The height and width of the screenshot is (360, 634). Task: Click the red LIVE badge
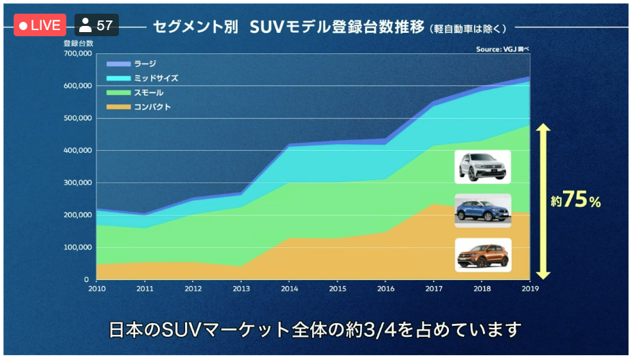click(40, 25)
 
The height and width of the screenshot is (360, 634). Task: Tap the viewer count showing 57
click(96, 25)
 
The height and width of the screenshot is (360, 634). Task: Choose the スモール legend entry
click(148, 92)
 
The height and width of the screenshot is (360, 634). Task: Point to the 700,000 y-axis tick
click(77, 53)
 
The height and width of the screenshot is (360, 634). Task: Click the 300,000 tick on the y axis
click(77, 182)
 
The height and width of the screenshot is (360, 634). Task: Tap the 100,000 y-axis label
click(77, 247)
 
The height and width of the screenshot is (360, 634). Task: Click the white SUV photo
click(482, 167)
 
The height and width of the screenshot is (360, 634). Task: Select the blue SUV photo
click(482, 210)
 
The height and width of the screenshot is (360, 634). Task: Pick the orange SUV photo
click(482, 254)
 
